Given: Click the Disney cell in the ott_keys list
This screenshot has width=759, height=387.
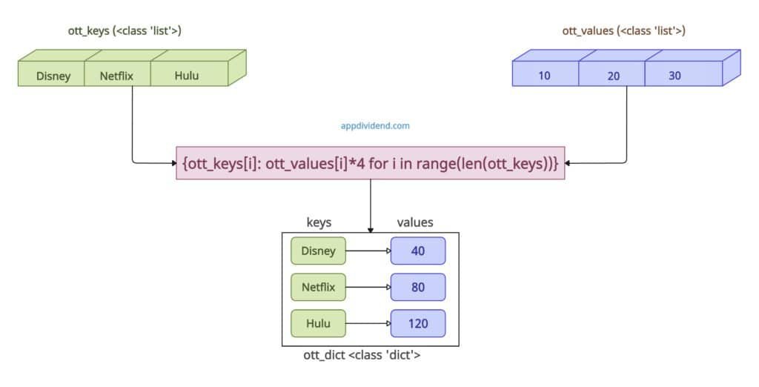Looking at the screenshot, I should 53,76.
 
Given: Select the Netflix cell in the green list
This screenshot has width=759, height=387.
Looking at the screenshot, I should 117,76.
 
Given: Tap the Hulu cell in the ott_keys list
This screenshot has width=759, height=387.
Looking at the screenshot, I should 186,76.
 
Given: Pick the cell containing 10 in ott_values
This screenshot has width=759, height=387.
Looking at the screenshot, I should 545,76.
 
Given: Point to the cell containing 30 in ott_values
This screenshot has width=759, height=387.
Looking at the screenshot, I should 675,76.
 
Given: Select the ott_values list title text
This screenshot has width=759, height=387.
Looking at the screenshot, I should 623,31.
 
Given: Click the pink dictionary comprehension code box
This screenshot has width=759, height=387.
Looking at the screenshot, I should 370,162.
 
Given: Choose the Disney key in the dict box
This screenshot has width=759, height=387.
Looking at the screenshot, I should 318,251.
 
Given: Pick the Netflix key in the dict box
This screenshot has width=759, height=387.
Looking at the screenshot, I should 318,287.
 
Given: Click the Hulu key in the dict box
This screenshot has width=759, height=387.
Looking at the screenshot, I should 318,323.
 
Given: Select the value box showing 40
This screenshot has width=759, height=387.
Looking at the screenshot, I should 418,251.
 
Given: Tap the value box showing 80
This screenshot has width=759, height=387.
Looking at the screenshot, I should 418,287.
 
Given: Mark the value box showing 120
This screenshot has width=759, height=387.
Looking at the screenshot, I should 418,323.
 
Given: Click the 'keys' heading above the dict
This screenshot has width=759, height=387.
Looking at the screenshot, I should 319,222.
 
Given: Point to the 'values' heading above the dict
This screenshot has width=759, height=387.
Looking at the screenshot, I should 415,222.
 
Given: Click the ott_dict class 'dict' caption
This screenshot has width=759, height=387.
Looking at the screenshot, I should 362,355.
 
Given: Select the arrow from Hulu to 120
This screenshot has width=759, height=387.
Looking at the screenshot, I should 368,323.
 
